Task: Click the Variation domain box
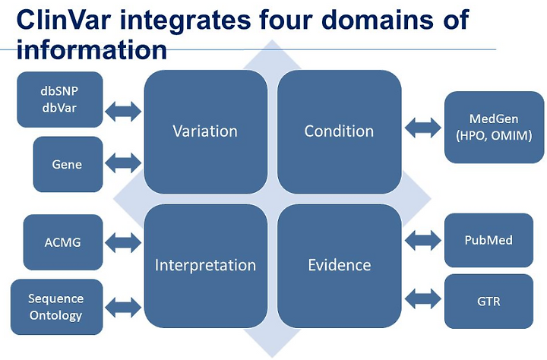(x=206, y=132)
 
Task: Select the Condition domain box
(x=340, y=132)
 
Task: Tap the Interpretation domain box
(x=206, y=266)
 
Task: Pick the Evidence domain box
(x=340, y=266)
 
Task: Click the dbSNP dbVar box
(x=60, y=99)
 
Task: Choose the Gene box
(x=68, y=164)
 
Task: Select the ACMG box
(x=63, y=242)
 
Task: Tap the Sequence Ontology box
(x=57, y=307)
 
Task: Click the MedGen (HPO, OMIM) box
(x=495, y=128)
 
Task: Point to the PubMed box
(x=489, y=240)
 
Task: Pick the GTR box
(x=489, y=302)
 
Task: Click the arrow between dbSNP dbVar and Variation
(x=123, y=112)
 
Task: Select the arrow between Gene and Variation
(x=123, y=163)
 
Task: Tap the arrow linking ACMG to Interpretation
(x=123, y=242)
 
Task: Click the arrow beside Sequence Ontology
(x=123, y=308)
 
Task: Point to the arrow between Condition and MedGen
(x=423, y=128)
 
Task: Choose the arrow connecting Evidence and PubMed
(x=423, y=240)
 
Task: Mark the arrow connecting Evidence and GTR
(x=423, y=299)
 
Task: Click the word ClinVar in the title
(x=64, y=19)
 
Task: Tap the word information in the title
(x=92, y=50)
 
